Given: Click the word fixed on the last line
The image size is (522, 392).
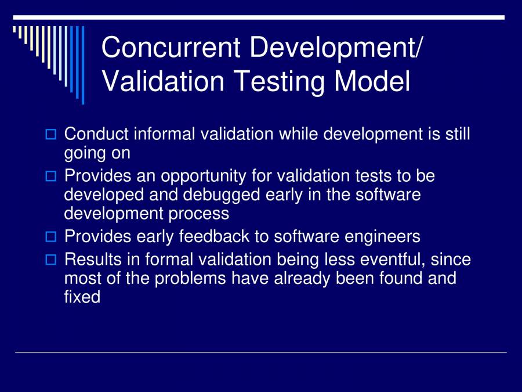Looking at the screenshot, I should (x=82, y=297).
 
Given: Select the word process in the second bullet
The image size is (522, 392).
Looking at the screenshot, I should (x=200, y=214).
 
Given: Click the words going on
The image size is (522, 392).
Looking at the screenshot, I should (x=97, y=153).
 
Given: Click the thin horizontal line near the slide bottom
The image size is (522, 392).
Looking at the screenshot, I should (x=261, y=353).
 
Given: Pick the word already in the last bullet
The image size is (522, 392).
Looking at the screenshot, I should (x=296, y=278).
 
